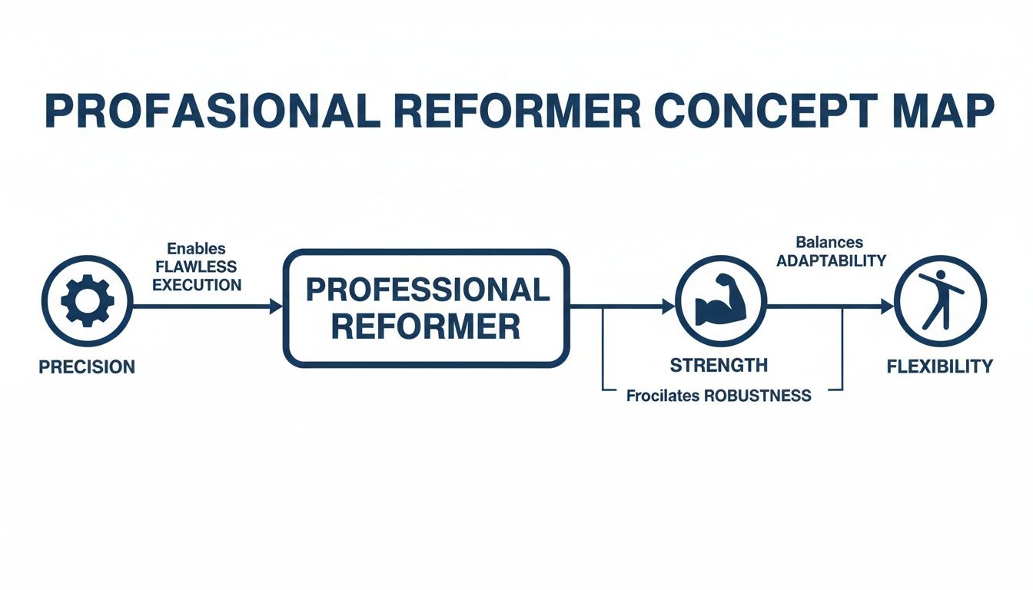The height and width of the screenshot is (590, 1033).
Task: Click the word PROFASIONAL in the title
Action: (212, 111)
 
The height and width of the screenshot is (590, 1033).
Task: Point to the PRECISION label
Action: (87, 367)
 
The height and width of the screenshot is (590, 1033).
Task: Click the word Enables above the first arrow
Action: (197, 248)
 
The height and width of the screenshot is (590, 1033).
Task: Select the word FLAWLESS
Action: (197, 267)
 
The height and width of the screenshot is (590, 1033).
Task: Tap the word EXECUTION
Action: (197, 285)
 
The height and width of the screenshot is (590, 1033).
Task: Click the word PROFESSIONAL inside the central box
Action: (427, 290)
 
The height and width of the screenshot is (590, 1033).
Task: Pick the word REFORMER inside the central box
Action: (427, 328)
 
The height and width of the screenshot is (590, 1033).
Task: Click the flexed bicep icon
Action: (720, 301)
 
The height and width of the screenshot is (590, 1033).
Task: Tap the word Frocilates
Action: (663, 396)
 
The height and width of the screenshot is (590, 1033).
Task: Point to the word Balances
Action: (829, 243)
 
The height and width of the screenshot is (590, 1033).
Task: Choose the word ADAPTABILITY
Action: (831, 261)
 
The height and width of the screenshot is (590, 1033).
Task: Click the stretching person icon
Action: (939, 300)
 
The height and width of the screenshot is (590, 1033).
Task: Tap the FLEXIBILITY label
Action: (939, 366)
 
